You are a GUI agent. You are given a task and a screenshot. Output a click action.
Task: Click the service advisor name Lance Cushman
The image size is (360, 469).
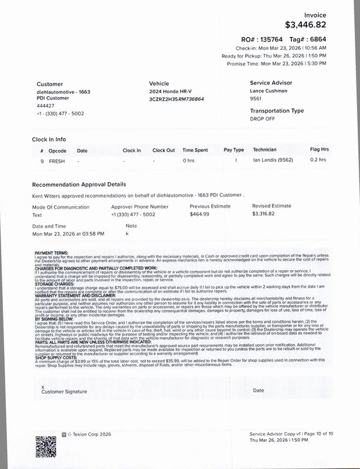[x=269, y=91]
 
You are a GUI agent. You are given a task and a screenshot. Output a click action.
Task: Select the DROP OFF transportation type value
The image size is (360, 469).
[x=262, y=118]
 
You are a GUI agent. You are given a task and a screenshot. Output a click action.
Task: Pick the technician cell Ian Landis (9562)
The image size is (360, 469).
[x=273, y=160]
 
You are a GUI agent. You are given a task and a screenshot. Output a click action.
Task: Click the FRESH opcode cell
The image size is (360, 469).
[x=57, y=160]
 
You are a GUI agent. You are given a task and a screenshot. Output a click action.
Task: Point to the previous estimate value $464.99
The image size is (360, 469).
[x=201, y=215]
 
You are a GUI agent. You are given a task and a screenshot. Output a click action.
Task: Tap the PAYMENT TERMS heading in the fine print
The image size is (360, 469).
[x=52, y=253]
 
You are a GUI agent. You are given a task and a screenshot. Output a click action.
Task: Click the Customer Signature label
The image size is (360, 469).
[x=64, y=391]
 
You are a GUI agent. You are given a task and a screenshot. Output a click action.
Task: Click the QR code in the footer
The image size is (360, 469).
[x=46, y=447]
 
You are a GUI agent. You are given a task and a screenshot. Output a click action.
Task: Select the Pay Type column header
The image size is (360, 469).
[x=234, y=150]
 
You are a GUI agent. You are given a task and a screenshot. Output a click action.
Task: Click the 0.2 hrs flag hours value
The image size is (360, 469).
[x=318, y=160]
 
